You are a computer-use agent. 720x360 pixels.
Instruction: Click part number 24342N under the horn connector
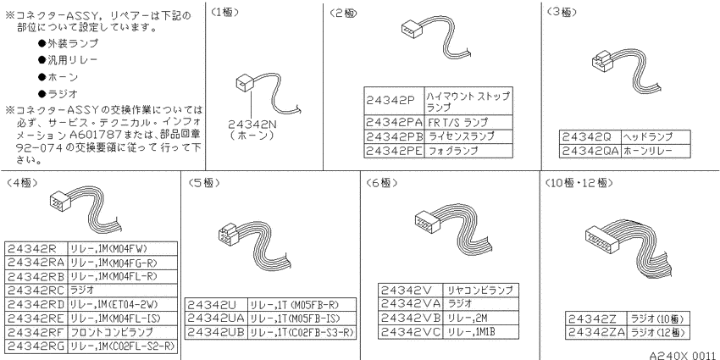coord(252,124)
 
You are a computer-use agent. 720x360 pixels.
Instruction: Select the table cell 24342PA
coord(395,123)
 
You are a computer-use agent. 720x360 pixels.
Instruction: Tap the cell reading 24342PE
coord(395,151)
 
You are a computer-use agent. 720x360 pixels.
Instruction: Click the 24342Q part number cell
coord(590,137)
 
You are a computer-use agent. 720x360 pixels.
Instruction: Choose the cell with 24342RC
coord(36,291)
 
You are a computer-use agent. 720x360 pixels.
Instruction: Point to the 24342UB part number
coord(216,332)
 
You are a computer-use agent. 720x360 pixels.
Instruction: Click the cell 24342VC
coord(411,332)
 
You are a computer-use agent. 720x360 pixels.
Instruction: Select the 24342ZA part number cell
coord(595,332)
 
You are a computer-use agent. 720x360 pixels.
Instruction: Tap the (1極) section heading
coord(225,13)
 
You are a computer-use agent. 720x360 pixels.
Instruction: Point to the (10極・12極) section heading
coord(579,183)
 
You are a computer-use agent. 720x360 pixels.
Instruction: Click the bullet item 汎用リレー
coord(68,60)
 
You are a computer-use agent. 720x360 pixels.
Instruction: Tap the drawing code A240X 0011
coord(684,355)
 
